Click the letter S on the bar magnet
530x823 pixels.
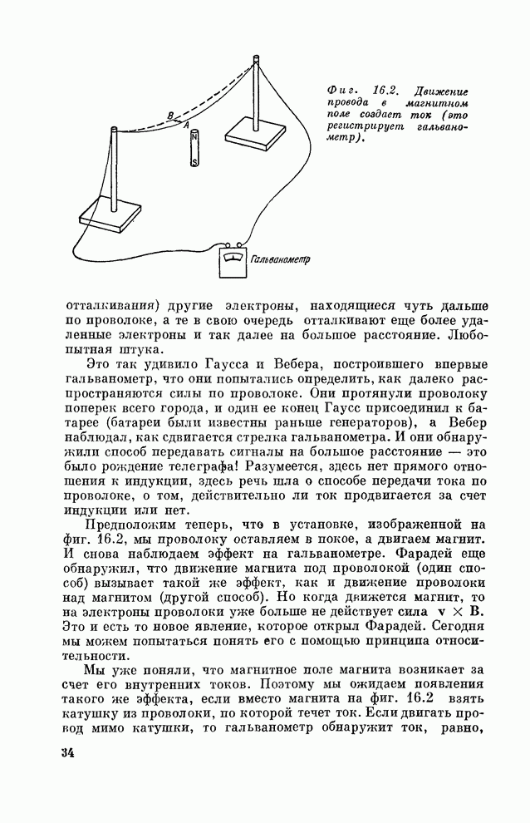[194, 162]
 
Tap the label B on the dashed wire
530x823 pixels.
[170, 116]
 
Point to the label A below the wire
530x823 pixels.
[187, 126]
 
